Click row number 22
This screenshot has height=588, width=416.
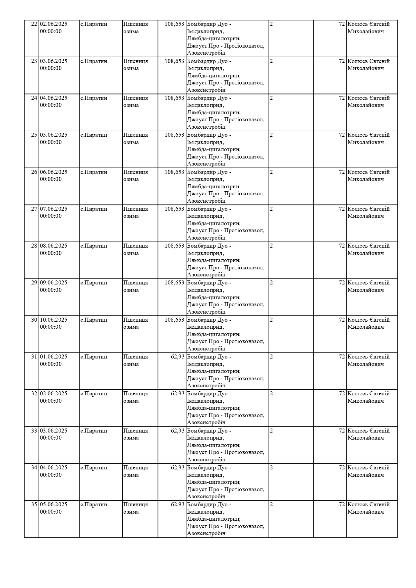click(34, 24)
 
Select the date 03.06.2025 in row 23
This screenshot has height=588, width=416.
click(54, 61)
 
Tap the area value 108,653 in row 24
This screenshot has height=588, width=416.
click(174, 98)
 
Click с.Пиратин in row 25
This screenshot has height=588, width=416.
click(94, 135)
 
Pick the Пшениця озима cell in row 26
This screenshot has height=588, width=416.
click(135, 176)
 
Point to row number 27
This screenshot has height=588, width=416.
click(34, 209)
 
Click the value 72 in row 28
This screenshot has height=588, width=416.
click(342, 246)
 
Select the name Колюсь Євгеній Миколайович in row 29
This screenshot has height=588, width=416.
click(368, 286)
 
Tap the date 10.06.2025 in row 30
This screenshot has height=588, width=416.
click(54, 320)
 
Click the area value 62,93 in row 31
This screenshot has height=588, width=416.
click(178, 357)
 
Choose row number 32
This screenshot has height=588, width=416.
click(34, 394)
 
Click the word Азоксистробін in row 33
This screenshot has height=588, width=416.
click(206, 460)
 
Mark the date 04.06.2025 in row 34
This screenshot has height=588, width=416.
click(54, 468)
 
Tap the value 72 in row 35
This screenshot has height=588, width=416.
click(342, 505)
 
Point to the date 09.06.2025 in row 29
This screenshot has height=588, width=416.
click(54, 283)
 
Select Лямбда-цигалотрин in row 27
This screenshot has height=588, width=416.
click(214, 223)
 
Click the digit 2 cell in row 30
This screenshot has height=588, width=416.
click(272, 320)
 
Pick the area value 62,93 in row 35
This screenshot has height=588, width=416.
click(178, 505)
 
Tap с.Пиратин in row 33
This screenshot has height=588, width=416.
click(94, 431)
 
